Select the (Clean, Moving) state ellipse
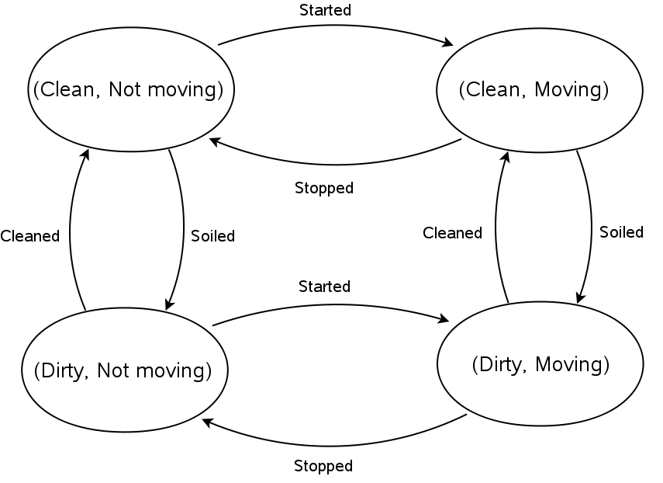pos(540,89)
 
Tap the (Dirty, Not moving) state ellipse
pos(125,370)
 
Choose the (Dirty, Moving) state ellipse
pos(540,364)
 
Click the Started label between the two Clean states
pos(325,10)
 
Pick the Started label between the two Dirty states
pos(324,287)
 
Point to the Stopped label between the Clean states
pos(324,188)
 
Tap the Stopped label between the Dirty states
pos(323,466)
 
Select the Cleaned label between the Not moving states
pos(30,236)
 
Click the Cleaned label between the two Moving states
pos(452,233)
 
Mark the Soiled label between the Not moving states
pos(212,236)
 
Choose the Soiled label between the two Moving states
pos(622,232)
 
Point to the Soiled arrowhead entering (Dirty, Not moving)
pos(168,305)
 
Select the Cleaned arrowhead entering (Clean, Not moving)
pos(87,155)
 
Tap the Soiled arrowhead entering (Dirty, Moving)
pos(578,297)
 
